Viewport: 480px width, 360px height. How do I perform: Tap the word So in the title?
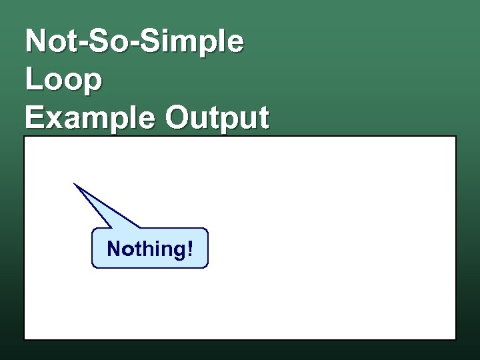[102, 41]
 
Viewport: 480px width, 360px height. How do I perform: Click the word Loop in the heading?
[64, 81]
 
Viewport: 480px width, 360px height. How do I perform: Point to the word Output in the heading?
[217, 119]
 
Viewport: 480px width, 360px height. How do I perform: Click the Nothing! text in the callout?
[150, 249]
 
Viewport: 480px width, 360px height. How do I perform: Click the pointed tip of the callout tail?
[75, 183]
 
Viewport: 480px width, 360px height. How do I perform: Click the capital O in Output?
[179, 118]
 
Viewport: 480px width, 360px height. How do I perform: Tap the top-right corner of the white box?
[456, 137]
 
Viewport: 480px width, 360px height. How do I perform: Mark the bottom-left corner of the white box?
[24, 340]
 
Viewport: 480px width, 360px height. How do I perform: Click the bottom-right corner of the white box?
[456, 340]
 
